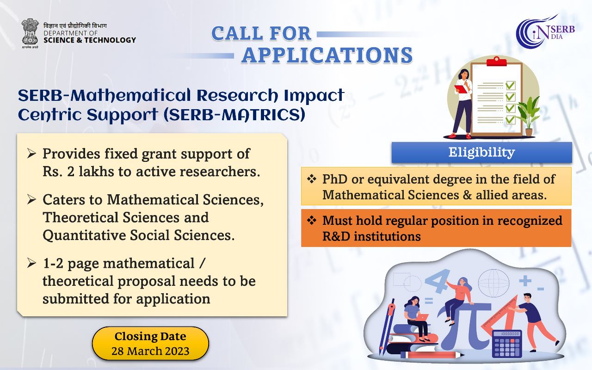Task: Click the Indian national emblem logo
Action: [30, 33]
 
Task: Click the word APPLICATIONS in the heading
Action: [327, 55]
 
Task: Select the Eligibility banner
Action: [481, 153]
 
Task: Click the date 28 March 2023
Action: [150, 351]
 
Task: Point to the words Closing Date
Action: [150, 336]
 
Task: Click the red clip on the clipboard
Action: [497, 62]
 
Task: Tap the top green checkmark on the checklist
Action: [510, 85]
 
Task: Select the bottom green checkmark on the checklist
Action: [510, 119]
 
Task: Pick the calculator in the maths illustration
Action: [507, 344]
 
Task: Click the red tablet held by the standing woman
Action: [460, 89]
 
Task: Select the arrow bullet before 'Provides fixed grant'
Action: [31, 154]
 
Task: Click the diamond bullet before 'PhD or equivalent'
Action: [312, 179]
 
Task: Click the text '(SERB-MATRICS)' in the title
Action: [234, 115]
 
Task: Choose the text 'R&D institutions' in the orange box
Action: [371, 236]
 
